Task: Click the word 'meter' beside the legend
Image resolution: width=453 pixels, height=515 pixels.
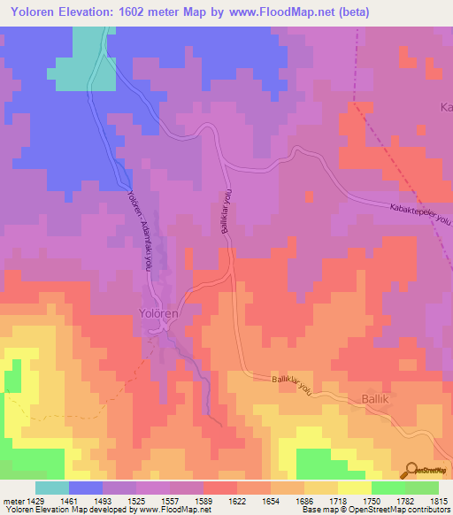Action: pos(13,501)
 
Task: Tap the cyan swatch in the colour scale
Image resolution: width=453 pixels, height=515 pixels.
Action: pos(52,488)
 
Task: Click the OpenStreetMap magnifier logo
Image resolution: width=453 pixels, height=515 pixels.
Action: pos(411,472)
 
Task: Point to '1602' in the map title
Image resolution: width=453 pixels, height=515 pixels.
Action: pos(142,12)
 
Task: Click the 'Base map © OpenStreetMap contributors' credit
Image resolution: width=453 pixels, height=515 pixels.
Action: pos(376,510)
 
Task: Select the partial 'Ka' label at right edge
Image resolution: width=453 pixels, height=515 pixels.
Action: pos(446,107)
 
